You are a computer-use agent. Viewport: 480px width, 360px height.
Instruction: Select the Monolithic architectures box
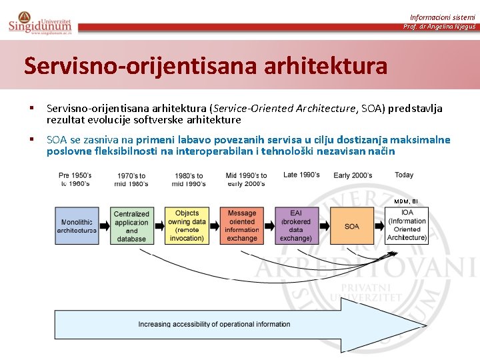pos(76,226)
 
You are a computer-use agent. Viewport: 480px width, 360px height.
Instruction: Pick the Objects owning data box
pos(187,226)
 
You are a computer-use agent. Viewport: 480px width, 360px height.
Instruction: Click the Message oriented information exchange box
pos(242,226)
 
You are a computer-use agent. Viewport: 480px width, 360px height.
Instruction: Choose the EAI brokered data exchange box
pos(296,226)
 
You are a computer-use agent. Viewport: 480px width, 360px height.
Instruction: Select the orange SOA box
pos(351,226)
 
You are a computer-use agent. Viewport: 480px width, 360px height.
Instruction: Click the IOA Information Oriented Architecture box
pos(407,225)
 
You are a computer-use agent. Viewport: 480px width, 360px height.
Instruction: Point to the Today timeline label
pos(404,175)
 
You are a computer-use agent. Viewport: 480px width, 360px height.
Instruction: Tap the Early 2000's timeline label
pos(353,175)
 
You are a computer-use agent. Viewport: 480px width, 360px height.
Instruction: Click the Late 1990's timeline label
pos(301,175)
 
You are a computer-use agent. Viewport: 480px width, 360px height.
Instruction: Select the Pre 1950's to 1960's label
pos(75,179)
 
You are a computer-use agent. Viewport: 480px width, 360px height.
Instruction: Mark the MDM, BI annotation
pos(405,201)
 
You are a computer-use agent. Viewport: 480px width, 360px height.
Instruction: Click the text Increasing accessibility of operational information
pos(214,325)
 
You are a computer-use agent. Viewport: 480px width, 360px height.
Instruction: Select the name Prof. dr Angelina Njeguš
pos(439,27)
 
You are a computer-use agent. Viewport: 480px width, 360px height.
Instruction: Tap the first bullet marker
pos(31,108)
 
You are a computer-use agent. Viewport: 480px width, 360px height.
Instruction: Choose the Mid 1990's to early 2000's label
pos(246,179)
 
